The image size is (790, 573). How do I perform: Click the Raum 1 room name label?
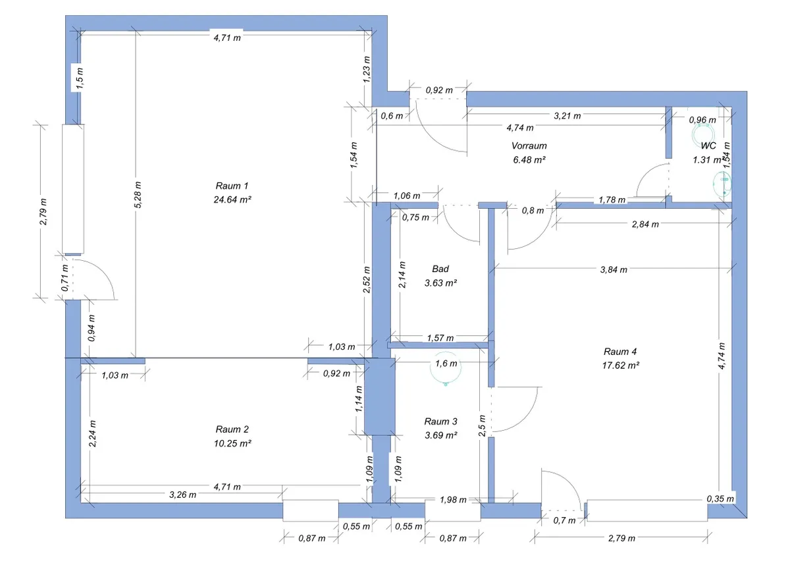pyautogui.click(x=232, y=186)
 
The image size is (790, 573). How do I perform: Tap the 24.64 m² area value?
pyautogui.click(x=232, y=200)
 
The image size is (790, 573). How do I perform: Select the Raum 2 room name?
pyautogui.click(x=232, y=429)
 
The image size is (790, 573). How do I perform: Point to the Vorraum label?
pyautogui.click(x=529, y=146)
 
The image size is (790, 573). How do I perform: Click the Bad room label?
pyautogui.click(x=440, y=269)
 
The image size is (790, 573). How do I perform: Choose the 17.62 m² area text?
pyautogui.click(x=621, y=365)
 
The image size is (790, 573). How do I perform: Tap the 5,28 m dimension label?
pyautogui.click(x=138, y=195)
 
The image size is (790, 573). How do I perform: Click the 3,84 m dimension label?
pyautogui.click(x=614, y=270)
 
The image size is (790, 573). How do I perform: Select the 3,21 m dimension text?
pyautogui.click(x=567, y=116)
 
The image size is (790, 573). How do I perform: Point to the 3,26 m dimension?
pyautogui.click(x=183, y=495)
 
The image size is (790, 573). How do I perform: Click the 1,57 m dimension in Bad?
pyautogui.click(x=440, y=338)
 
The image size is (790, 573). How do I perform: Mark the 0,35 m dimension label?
pyautogui.click(x=720, y=499)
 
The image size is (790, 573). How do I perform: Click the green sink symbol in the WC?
pyautogui.click(x=722, y=184)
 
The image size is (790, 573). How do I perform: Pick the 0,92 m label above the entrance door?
pyautogui.click(x=439, y=90)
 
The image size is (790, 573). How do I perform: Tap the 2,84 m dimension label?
pyautogui.click(x=645, y=225)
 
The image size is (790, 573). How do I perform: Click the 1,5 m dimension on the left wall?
pyautogui.click(x=80, y=78)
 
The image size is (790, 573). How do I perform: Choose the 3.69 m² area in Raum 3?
pyautogui.click(x=441, y=435)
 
